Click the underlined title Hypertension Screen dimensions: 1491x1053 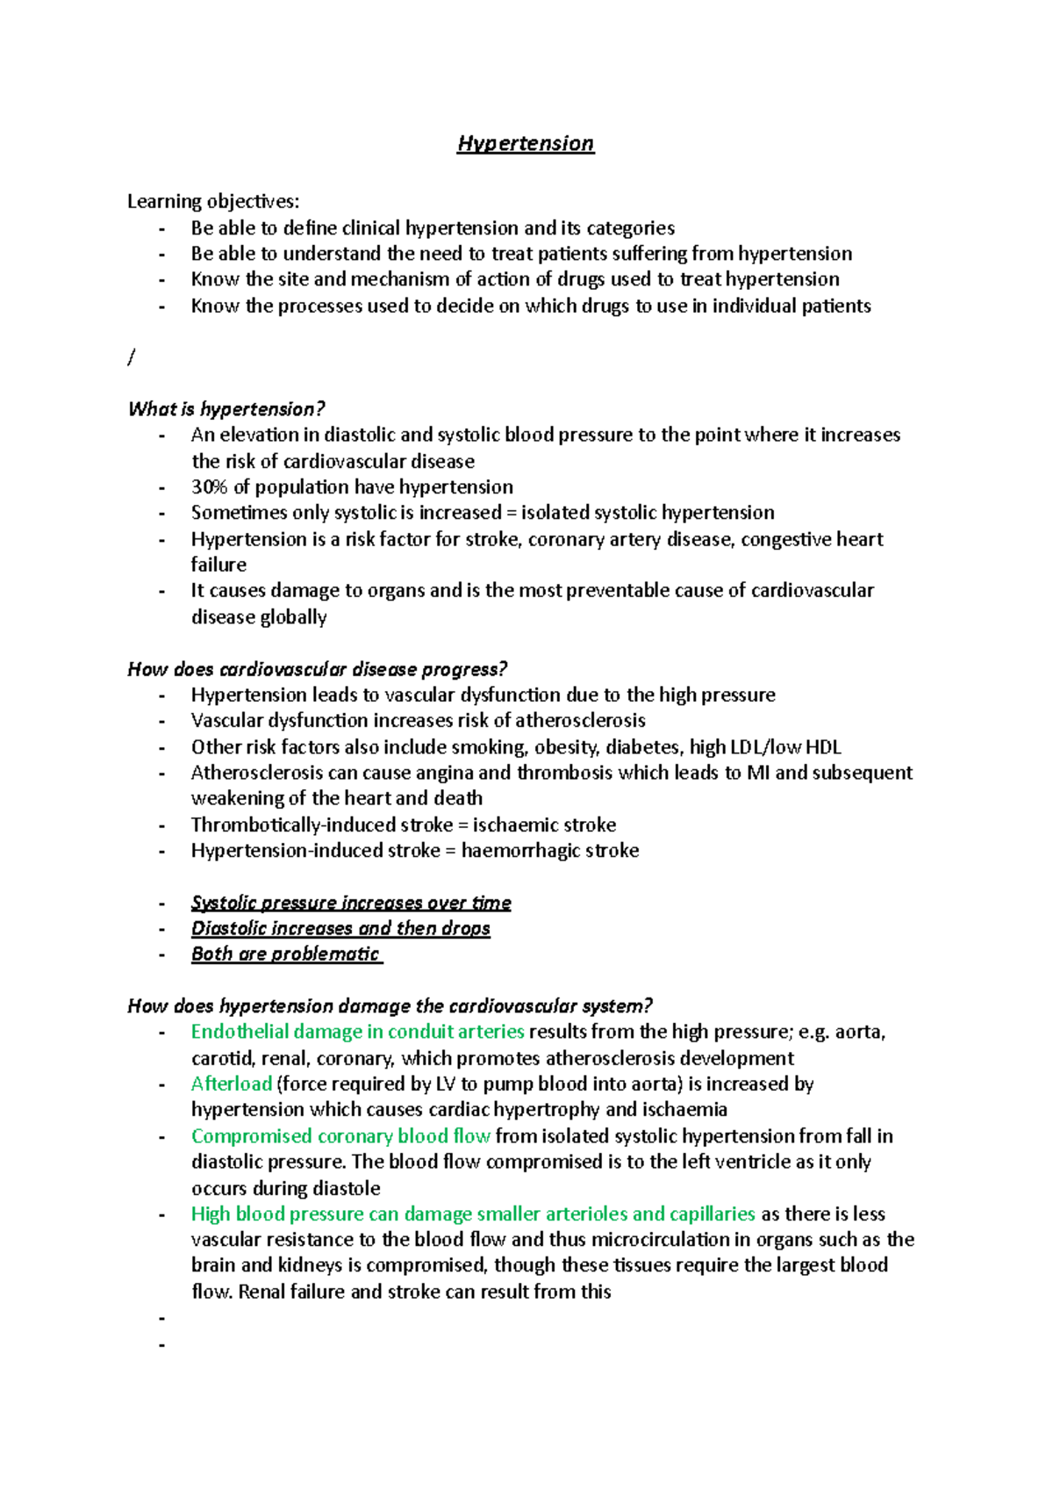point(525,143)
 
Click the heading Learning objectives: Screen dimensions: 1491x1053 point(213,202)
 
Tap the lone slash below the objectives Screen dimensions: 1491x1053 point(132,357)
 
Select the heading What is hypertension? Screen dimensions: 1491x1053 point(226,409)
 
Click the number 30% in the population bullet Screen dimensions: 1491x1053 point(209,487)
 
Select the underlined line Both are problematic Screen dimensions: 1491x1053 point(286,954)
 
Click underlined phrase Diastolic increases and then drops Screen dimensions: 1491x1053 point(340,929)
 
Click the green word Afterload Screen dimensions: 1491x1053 point(232,1084)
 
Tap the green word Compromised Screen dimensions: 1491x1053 point(251,1136)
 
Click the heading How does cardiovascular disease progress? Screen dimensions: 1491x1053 point(318,670)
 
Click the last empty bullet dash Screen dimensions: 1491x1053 point(162,1344)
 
